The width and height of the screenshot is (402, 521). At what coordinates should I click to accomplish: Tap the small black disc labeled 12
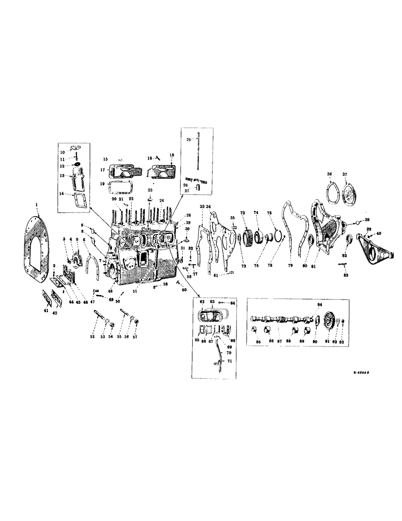coord(75,166)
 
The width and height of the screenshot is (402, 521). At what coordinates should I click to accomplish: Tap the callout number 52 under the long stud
coord(93,337)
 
